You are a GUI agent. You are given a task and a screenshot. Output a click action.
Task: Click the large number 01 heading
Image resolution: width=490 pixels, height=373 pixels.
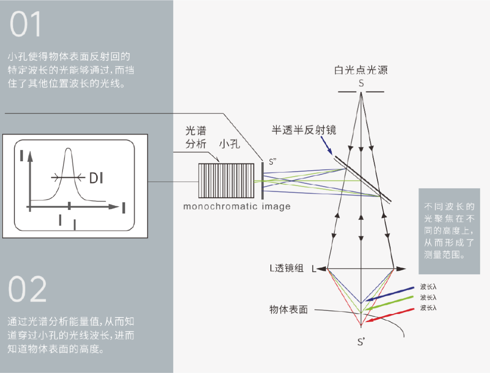pos(26,25)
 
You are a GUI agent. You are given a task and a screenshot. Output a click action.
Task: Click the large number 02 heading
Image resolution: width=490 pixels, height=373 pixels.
pos(28,289)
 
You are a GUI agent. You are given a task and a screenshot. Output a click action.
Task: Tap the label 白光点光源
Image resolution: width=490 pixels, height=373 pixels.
pos(361,70)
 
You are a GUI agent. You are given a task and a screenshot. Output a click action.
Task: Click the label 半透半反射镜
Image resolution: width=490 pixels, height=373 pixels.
pos(304,130)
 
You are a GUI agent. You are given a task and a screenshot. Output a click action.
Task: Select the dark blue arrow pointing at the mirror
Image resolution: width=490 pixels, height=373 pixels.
pos(328,146)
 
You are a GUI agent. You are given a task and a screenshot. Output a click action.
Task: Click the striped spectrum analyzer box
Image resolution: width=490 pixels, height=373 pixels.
pos(227,180)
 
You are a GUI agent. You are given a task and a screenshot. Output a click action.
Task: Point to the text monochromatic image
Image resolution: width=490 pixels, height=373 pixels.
pos(236,207)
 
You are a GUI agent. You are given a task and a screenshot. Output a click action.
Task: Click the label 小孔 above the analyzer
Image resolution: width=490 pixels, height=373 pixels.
pos(230,144)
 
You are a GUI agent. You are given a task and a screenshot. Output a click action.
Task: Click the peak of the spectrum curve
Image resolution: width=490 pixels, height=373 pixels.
pos(69,150)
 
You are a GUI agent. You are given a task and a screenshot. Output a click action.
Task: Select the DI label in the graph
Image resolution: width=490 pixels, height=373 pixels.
pos(96,179)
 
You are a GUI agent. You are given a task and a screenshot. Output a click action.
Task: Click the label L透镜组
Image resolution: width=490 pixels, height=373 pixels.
pos(286,269)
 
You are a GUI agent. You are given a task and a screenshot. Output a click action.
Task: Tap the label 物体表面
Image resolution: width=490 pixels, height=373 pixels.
pos(289,310)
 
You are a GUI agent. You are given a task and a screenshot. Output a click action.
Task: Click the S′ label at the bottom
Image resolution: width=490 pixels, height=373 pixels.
pos(361,342)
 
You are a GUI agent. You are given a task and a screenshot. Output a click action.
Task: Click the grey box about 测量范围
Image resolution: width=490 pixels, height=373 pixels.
pos(449,231)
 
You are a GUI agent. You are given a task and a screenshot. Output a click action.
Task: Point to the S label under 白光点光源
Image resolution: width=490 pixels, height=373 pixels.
pos(361,84)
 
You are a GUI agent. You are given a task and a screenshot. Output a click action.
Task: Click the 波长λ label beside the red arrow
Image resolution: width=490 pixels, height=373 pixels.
pos(428,308)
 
